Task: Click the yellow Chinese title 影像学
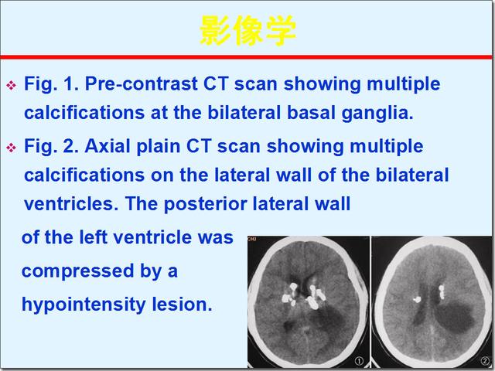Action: [x=248, y=31]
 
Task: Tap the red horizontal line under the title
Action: [x=246, y=57]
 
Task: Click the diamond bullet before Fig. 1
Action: [x=11, y=85]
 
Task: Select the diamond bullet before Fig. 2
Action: [x=11, y=148]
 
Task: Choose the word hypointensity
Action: [x=83, y=305]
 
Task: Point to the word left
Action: [x=93, y=237]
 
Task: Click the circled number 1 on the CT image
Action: [x=359, y=360]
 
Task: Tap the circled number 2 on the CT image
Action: [x=485, y=360]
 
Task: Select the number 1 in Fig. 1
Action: [x=68, y=83]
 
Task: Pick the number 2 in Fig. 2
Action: [x=68, y=146]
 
